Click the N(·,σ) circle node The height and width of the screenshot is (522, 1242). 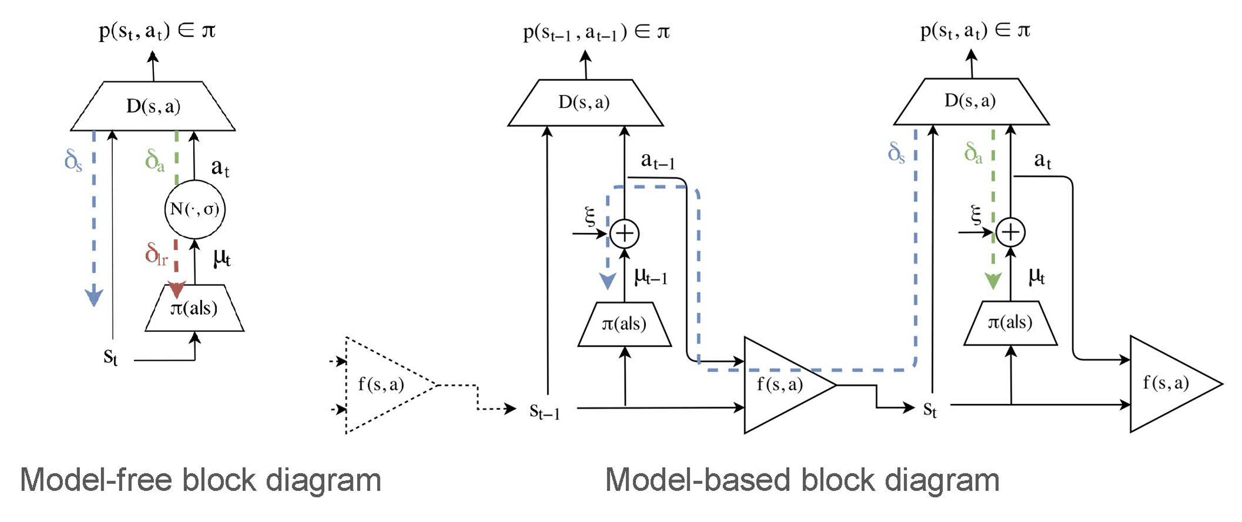coord(195,209)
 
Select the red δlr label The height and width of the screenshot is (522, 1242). coord(156,253)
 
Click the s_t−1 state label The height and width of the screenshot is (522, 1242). coord(544,411)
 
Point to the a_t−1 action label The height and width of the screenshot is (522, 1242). coord(658,161)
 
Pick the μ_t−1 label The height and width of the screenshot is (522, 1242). coord(651,277)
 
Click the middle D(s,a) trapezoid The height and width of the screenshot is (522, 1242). coord(585,102)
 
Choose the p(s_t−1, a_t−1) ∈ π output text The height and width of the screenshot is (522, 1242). coord(596,32)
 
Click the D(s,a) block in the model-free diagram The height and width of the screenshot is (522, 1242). coord(153,106)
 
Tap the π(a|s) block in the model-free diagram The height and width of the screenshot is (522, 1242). coord(194,308)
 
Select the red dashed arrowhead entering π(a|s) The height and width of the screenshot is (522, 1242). coord(176,290)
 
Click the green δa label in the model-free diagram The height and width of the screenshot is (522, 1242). coord(155,161)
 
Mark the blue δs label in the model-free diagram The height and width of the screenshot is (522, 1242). coord(73,160)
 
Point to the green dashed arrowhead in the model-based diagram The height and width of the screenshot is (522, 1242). coord(993,281)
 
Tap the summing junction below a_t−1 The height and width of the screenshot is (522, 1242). coord(624,233)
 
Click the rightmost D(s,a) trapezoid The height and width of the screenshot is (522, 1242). coord(971,101)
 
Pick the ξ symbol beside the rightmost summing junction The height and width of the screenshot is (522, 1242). coord(975,215)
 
